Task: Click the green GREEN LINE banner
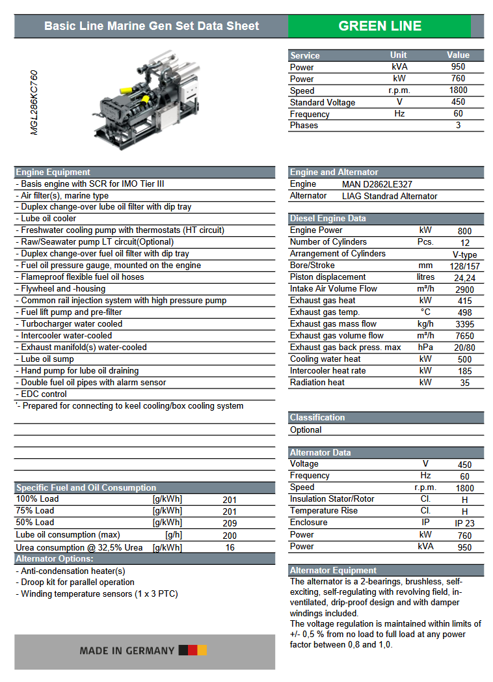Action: pos(379,26)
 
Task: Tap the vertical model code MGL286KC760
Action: pos(34,102)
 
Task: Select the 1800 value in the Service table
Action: pos(458,90)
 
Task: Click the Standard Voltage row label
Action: pos(323,102)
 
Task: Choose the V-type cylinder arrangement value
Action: pos(464,254)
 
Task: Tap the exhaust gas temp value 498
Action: pos(464,313)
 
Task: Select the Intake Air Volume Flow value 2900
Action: pos(464,290)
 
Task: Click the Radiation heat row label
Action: pos(317,383)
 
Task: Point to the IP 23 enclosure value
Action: pos(464,523)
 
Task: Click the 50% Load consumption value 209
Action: pos(230,523)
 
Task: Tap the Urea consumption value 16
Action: pos(230,548)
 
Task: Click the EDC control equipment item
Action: pos(44,394)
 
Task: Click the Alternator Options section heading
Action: pos(55,559)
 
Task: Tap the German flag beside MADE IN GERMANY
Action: pos(193,650)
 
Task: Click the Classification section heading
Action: pos(317,418)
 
